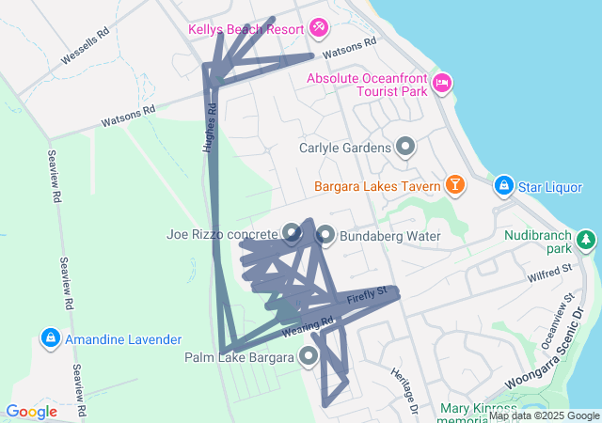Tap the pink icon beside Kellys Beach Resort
pyautogui.click(x=319, y=27)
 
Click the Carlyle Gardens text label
pyautogui.click(x=345, y=148)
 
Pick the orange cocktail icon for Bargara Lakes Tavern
pyautogui.click(x=455, y=184)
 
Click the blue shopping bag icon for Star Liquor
pyautogui.click(x=503, y=186)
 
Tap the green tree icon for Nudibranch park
pyautogui.click(x=587, y=240)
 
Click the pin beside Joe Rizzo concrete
pyautogui.click(x=292, y=232)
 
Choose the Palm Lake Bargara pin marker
pyautogui.click(x=309, y=355)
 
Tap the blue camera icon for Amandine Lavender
pyautogui.click(x=49, y=337)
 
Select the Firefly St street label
pyautogui.click(x=367, y=296)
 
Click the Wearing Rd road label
pyautogui.click(x=308, y=327)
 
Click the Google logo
pyautogui.click(x=31, y=411)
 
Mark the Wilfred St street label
pyautogui.click(x=549, y=274)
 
